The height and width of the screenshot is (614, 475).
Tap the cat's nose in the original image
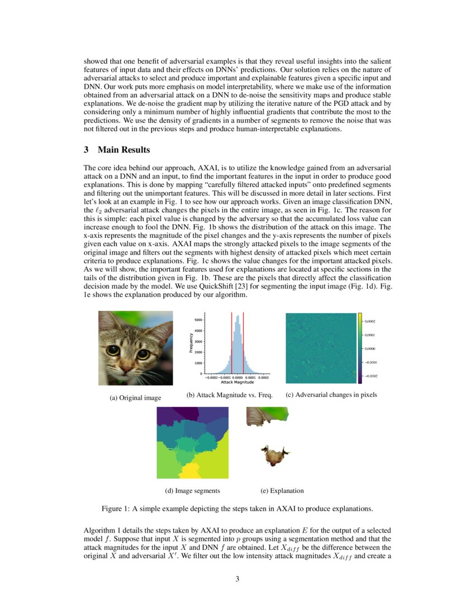pyautogui.click(x=128, y=366)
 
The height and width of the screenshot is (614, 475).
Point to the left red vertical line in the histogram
pyautogui.click(x=231, y=343)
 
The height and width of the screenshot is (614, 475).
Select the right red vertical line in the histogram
pyautogui.click(x=244, y=343)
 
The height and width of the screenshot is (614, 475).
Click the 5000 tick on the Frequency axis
pyautogui.click(x=198, y=320)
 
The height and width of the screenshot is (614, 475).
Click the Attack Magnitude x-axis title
pyautogui.click(x=237, y=382)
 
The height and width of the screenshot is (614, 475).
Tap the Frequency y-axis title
pyautogui.click(x=191, y=343)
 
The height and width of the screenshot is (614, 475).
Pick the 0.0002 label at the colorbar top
pyautogui.click(x=370, y=322)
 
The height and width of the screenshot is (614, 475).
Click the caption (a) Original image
pyautogui.click(x=135, y=398)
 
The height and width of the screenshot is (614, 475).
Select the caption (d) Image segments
pyautogui.click(x=192, y=491)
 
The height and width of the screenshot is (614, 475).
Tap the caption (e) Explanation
pyautogui.click(x=282, y=491)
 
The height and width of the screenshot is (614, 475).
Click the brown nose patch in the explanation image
pyautogui.click(x=274, y=455)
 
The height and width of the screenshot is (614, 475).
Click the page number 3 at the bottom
pyautogui.click(x=237, y=579)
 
